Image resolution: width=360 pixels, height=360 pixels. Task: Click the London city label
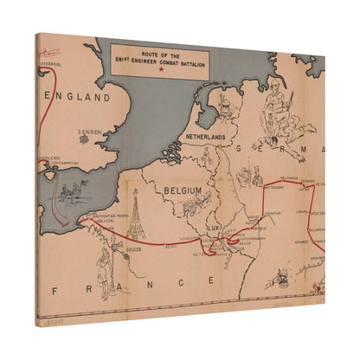tap(90, 133)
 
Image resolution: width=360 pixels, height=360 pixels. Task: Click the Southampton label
tap(61, 165)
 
